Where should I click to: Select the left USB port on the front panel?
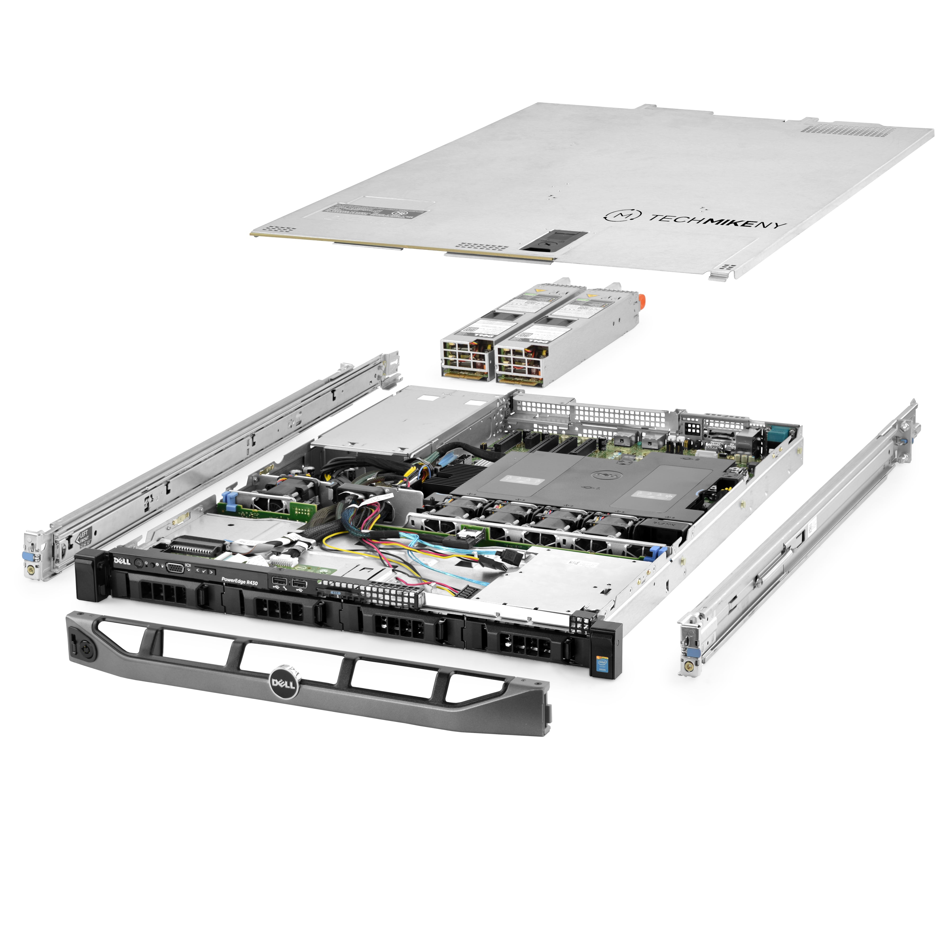tap(278, 582)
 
